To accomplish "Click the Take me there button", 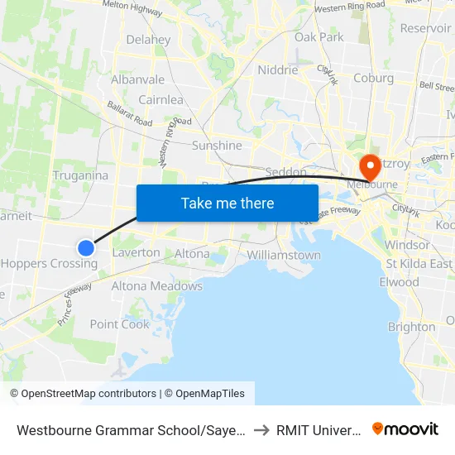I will point(227,203).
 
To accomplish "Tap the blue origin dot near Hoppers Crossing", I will point(86,247).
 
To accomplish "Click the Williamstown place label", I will point(284,255).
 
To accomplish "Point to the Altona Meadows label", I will point(157,286).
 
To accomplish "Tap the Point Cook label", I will point(120,324).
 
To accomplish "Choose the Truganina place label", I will point(80,175).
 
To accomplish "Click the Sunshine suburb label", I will point(217,146).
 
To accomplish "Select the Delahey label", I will point(148,40).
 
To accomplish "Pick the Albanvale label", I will point(138,80).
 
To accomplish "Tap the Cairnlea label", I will point(160,100).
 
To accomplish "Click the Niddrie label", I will point(277,70).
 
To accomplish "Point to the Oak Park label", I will point(319,37).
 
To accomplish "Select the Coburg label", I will point(373,79).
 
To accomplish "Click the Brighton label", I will point(411,327).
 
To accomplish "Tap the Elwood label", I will point(399,282).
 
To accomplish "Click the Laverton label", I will point(136,252).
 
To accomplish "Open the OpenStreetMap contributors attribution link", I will point(83,394).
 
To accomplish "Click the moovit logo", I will point(405,429).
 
